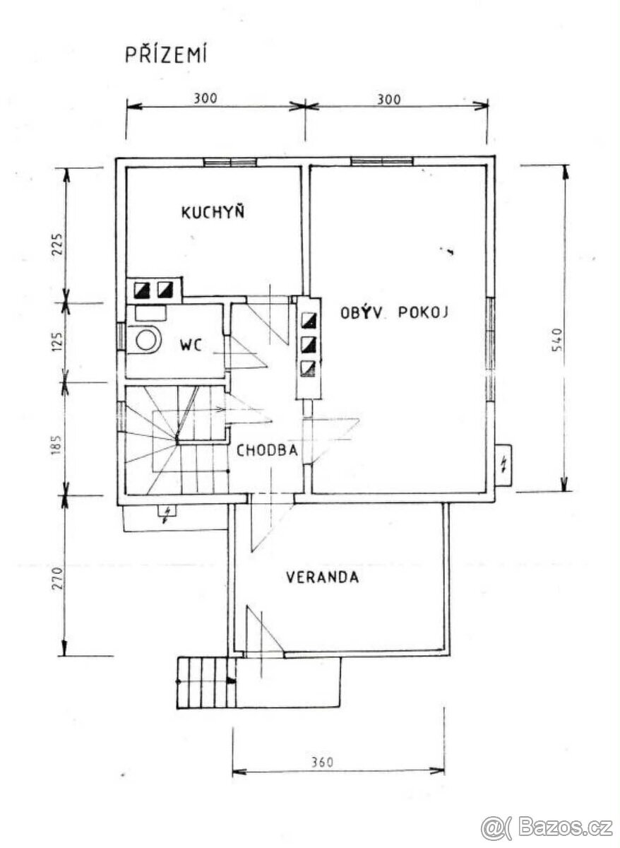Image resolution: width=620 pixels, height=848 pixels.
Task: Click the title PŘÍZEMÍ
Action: click(166, 55)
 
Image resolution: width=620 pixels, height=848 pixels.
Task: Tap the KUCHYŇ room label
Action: click(213, 212)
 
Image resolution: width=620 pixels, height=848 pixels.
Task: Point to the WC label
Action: click(191, 346)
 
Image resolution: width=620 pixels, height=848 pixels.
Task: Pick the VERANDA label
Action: click(322, 577)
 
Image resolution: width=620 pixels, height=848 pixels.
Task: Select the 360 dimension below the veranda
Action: click(321, 762)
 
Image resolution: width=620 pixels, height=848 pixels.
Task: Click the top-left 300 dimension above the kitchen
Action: click(205, 99)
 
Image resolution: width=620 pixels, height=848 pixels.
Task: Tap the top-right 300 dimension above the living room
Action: click(388, 99)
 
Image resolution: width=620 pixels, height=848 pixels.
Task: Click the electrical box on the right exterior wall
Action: click(503, 465)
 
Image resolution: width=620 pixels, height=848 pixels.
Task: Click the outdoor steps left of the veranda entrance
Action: click(205, 681)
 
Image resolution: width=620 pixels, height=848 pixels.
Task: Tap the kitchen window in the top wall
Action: click(230, 162)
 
